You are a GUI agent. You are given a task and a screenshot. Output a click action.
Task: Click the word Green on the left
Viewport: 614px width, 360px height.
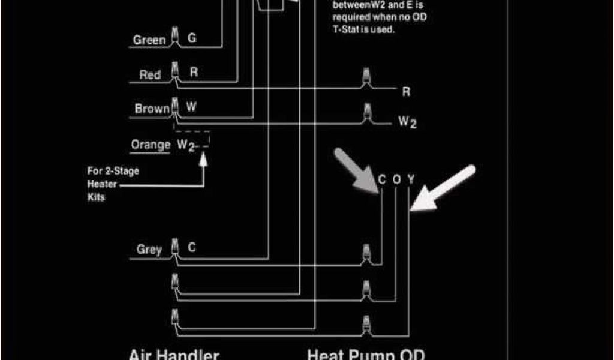click(149, 40)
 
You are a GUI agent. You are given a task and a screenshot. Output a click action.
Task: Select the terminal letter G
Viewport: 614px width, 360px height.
click(192, 38)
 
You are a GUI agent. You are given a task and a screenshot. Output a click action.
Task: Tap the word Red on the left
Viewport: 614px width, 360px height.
click(150, 75)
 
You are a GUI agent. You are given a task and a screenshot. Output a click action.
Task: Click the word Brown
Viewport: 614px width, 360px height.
click(152, 109)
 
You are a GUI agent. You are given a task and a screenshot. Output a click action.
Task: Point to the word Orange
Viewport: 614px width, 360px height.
click(151, 145)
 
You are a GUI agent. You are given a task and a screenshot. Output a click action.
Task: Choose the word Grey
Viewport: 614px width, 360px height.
click(149, 250)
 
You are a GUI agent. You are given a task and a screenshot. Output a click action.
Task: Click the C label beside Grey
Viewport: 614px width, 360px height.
click(192, 247)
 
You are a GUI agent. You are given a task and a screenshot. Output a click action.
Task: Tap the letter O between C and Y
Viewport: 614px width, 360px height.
click(396, 180)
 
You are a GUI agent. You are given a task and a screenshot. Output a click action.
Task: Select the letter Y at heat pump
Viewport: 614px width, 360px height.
click(411, 180)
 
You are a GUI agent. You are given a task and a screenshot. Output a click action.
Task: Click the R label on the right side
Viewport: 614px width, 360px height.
click(406, 92)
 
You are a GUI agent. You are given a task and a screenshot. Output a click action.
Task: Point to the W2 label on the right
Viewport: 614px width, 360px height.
click(408, 122)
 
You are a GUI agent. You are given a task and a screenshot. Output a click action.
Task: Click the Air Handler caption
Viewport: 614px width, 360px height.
click(174, 354)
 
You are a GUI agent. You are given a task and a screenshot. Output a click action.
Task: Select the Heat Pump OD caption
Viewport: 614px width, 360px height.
click(366, 354)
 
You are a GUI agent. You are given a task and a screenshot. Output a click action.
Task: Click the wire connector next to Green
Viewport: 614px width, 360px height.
click(175, 37)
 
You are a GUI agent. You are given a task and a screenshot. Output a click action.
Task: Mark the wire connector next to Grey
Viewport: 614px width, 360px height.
click(175, 247)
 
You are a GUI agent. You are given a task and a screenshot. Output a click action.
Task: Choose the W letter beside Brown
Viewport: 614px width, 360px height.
click(191, 107)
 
